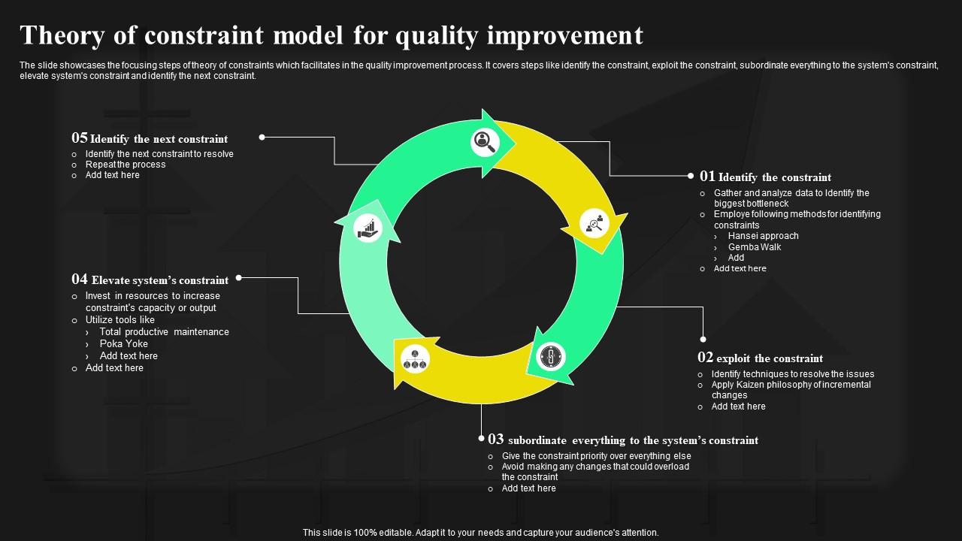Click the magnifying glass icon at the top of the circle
point(485,142)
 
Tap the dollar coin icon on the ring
point(551,356)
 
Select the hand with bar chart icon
point(368,228)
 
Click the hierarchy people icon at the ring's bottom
point(415,359)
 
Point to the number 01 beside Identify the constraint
point(707,177)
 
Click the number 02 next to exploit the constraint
point(705,358)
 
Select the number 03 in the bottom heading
point(496,440)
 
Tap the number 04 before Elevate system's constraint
point(80,280)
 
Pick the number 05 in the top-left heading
point(80,138)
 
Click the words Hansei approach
point(763,236)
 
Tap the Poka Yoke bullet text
point(124,344)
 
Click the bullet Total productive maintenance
point(164,332)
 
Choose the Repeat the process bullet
point(126,165)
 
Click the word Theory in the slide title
point(62,35)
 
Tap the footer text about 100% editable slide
point(480,533)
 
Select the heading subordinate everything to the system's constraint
point(633,440)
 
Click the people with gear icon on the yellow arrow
point(594,223)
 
